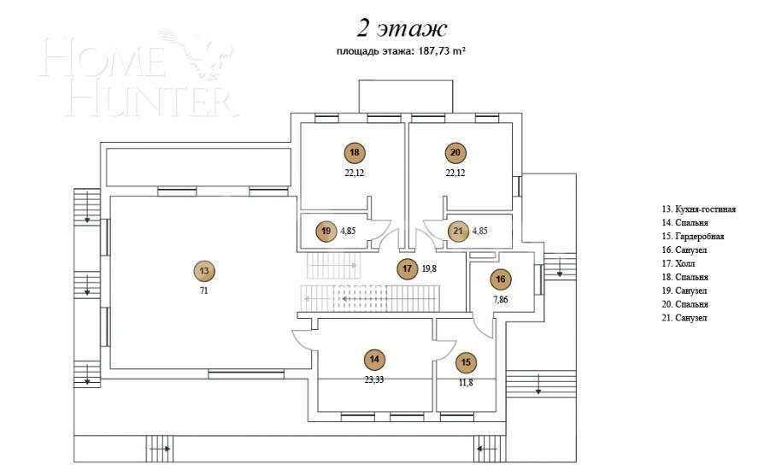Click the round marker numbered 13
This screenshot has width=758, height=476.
(x=203, y=271)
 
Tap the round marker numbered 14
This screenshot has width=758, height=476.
(x=373, y=360)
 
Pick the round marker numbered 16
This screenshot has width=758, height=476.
(x=502, y=279)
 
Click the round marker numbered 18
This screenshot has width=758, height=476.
(x=355, y=153)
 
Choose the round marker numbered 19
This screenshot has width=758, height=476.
(x=325, y=231)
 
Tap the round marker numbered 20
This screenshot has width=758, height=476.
(x=455, y=153)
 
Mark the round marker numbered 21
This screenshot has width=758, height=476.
(x=458, y=231)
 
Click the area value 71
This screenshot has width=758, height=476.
(x=203, y=291)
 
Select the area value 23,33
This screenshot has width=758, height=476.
(x=373, y=379)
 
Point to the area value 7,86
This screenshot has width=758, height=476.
(x=502, y=300)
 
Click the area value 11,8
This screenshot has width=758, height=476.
(x=465, y=383)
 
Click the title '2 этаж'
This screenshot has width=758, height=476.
(x=403, y=30)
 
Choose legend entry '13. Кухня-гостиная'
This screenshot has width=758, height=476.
(x=698, y=209)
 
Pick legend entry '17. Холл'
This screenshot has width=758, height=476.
(x=679, y=263)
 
